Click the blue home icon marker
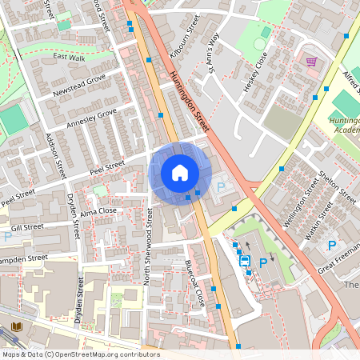pos(180,173)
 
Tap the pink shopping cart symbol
pos(310,61)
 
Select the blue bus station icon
pos(245,260)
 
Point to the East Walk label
pos(68,57)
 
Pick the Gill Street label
pos(26,227)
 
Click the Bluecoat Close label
pos(195,284)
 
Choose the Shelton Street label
pos(337,186)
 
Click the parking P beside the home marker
pos(222,186)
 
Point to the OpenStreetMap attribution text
pos(80,354)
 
